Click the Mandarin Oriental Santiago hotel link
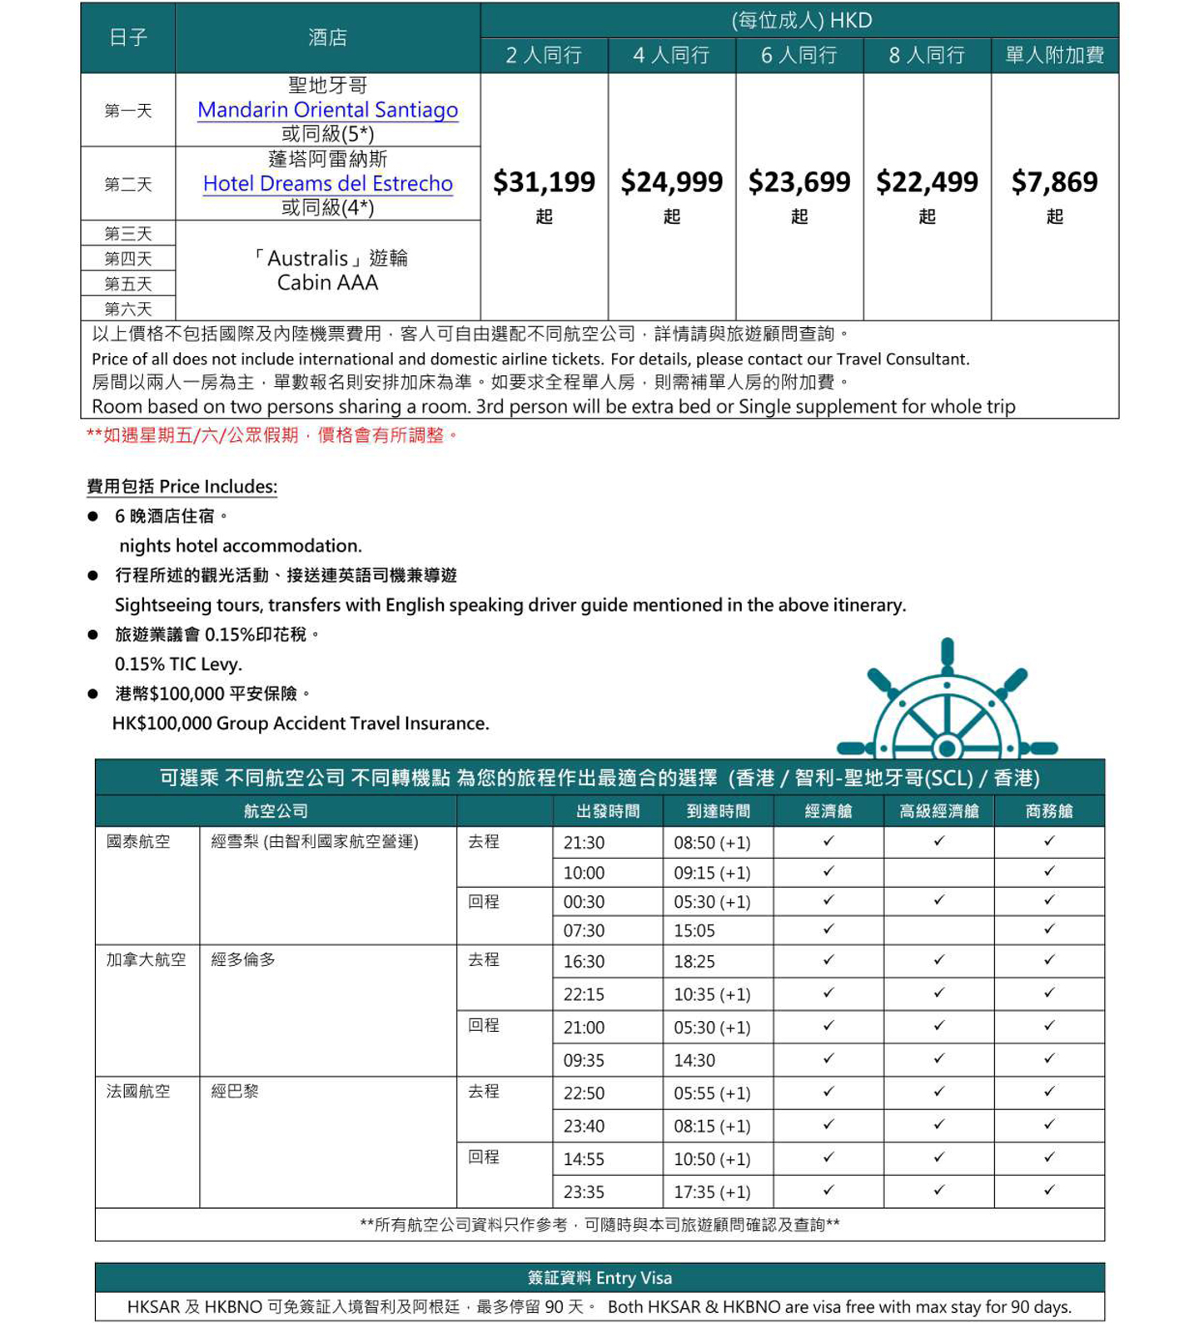327,110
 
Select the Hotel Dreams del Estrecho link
327,183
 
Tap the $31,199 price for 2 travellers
544,182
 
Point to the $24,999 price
671,182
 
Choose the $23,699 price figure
799,182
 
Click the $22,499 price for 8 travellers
927,182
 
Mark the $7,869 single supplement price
1054,182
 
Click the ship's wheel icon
947,704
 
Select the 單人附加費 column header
1054,56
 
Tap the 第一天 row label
128,111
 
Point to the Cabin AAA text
327,283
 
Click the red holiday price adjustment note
272,435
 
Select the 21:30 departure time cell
585,843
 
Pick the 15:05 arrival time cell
694,930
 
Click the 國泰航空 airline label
138,842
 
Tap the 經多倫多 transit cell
243,960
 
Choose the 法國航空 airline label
138,1091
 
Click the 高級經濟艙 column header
938,811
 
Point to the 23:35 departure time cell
585,1192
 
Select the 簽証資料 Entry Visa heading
599,1278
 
